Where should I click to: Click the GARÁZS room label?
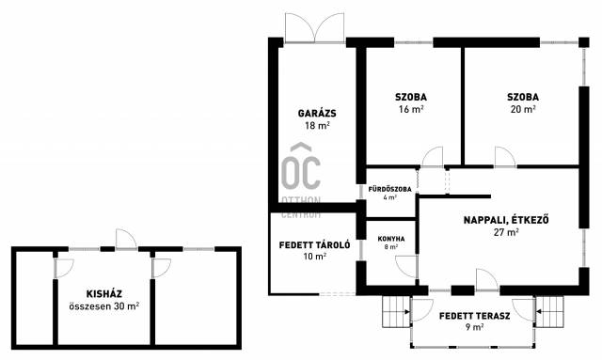[x=317, y=114]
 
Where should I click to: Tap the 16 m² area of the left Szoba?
[x=411, y=109]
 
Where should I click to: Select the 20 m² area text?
[x=523, y=109]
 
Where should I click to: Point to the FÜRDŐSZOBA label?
[x=389, y=189]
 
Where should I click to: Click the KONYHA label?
[x=391, y=239]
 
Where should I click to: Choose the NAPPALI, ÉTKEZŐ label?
[x=506, y=220]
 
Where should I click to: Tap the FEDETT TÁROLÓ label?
[x=314, y=245]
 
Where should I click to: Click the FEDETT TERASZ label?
[x=474, y=316]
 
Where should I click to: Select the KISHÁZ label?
[x=104, y=294]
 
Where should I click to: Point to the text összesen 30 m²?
[x=104, y=306]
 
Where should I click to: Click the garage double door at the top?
[x=314, y=27]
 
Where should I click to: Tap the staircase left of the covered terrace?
[x=396, y=312]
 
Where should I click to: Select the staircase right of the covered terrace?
[x=549, y=312]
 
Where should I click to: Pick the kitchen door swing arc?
[x=407, y=266]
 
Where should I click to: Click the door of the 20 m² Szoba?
[x=505, y=157]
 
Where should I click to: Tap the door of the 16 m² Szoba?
[x=433, y=157]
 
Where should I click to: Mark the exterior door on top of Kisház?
[x=126, y=240]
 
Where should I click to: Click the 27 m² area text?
[x=506, y=232]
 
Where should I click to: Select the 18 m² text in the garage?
[x=317, y=126]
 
